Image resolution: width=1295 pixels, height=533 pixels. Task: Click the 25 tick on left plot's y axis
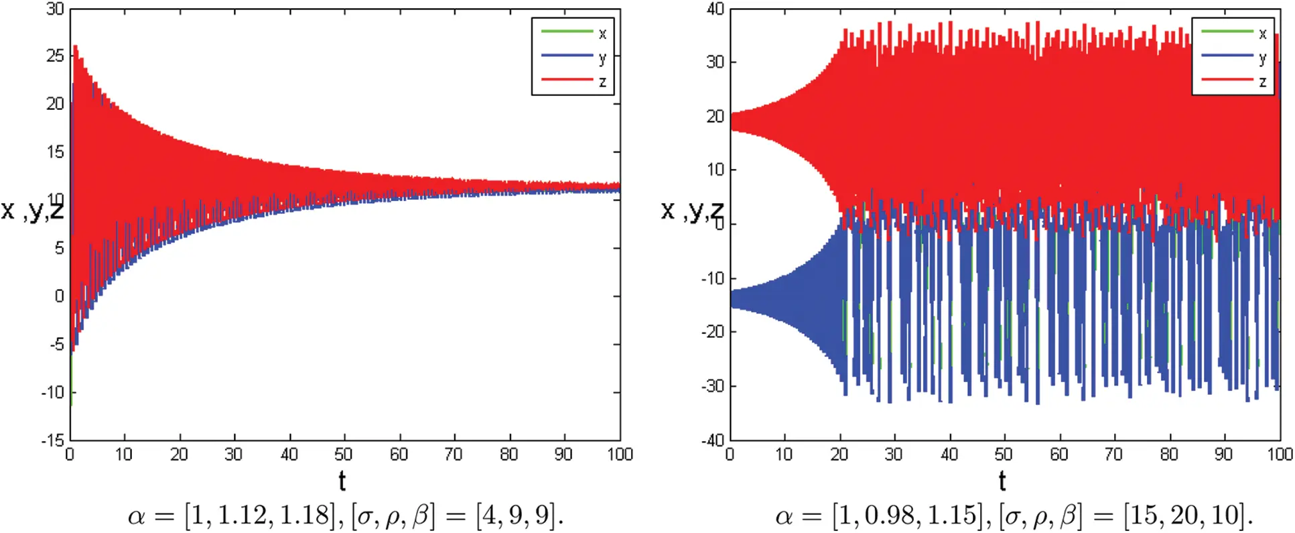55,56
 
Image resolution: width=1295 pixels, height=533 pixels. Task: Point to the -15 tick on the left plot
52,440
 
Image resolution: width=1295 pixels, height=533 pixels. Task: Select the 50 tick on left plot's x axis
343,455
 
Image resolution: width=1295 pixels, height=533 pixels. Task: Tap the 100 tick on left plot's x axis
620,455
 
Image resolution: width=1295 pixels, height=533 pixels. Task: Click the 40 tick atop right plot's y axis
715,9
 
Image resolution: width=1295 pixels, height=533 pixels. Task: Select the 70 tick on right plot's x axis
1113,455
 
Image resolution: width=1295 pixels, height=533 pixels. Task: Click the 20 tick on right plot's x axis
839,455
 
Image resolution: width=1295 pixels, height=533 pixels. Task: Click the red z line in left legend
567,80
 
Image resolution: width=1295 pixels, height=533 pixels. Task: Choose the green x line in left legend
567,32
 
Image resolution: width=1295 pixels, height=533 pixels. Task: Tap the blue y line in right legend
1227,56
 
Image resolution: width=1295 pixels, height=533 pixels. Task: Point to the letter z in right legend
1262,82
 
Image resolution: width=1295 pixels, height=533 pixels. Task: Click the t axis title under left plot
342,481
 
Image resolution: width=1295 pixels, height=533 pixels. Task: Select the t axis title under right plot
1002,481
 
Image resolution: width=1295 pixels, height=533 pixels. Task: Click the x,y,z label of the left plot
32,210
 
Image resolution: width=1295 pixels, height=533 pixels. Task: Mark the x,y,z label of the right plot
692,210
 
